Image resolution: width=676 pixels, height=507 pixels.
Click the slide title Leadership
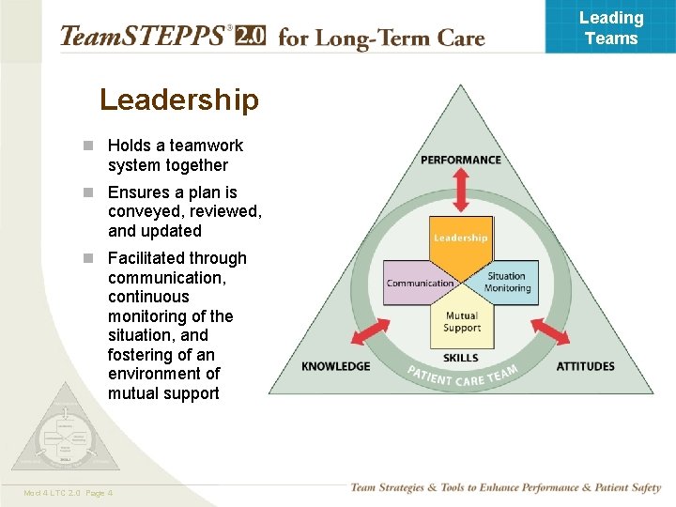click(x=178, y=100)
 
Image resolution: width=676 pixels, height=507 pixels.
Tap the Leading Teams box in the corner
click(x=610, y=27)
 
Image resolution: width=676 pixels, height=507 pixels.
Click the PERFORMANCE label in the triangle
click(x=460, y=160)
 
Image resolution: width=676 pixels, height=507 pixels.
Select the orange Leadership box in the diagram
click(x=460, y=237)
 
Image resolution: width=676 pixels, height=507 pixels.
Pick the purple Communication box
click(x=420, y=283)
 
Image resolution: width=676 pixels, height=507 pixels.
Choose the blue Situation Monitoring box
click(x=507, y=282)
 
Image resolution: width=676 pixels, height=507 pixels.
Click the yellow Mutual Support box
click(x=461, y=322)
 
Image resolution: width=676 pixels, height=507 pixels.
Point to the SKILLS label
click(x=460, y=358)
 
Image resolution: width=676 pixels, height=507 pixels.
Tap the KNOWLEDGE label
click(x=335, y=366)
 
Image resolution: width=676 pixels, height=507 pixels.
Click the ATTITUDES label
click(x=585, y=366)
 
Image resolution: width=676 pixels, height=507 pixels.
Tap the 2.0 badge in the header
click(x=250, y=37)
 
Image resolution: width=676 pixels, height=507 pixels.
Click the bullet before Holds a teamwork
click(x=87, y=146)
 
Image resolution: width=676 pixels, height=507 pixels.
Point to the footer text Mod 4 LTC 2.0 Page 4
click(x=69, y=493)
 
